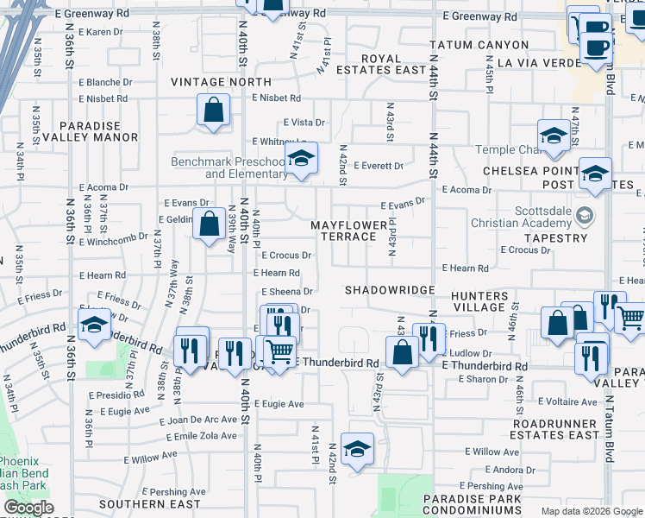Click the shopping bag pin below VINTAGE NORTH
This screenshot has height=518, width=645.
pyautogui.click(x=213, y=111)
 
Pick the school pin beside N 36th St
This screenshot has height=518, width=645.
pyautogui.click(x=93, y=326)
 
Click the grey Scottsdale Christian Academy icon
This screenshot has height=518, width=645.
pyautogui.click(x=586, y=214)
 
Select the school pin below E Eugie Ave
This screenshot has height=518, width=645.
pyautogui.click(x=357, y=449)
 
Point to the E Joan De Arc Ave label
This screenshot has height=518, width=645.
pyautogui.click(x=198, y=420)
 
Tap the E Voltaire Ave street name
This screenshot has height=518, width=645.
pyautogui.click(x=567, y=401)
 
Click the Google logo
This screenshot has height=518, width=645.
pyautogui.click(x=28, y=509)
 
